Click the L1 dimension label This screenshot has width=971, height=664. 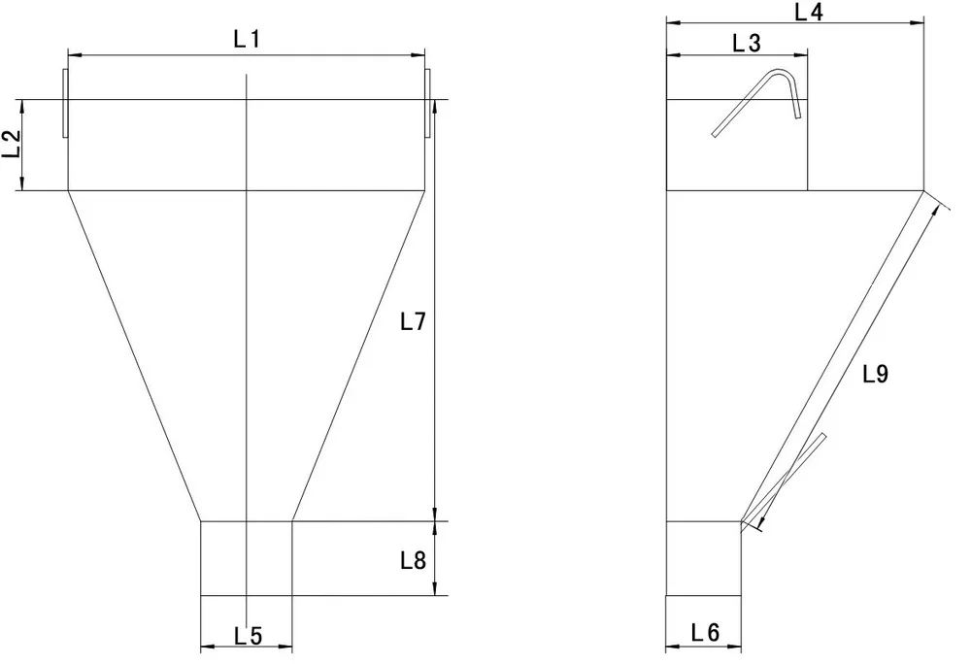[248, 40]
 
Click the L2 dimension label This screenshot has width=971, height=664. [13, 146]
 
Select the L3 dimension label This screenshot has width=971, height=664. [747, 42]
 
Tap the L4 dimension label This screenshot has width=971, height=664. [809, 12]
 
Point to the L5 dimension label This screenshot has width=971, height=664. [249, 636]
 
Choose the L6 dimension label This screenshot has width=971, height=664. [705, 633]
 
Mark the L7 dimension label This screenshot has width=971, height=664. [414, 322]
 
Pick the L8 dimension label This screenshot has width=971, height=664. [414, 560]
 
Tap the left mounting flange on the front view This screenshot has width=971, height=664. [65, 102]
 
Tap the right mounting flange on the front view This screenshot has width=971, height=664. [427, 102]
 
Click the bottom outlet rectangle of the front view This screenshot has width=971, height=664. [246, 558]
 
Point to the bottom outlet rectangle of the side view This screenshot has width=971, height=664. [704, 558]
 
